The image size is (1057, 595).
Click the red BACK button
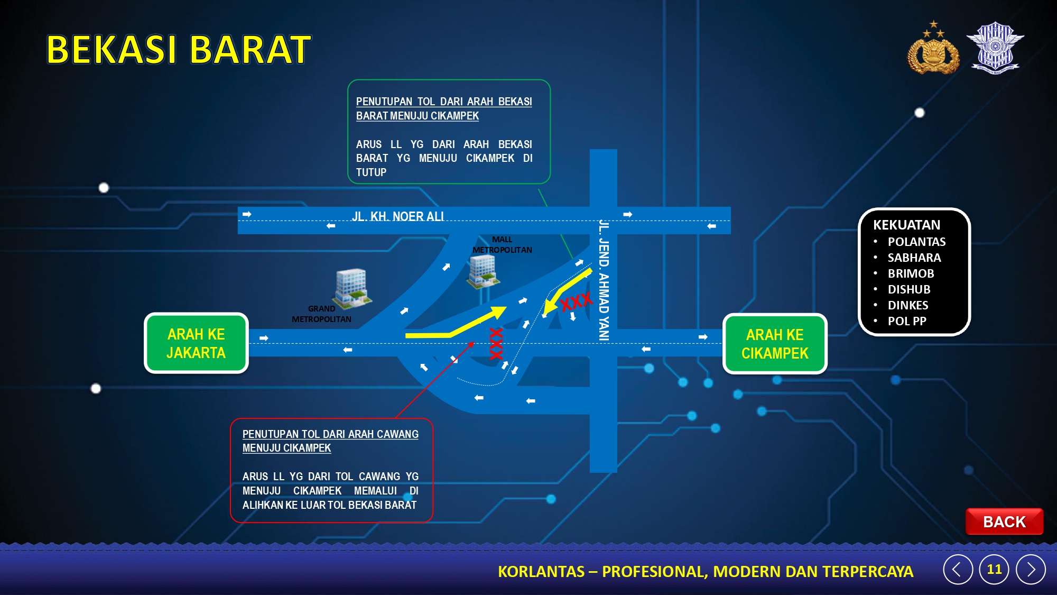pyautogui.click(x=1004, y=521)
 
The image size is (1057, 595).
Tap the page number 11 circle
pyautogui.click(x=994, y=569)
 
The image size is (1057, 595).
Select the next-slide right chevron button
pyautogui.click(x=1031, y=569)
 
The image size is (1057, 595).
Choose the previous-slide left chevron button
pyautogui.click(x=958, y=569)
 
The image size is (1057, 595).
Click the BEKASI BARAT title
pyautogui.click(x=179, y=50)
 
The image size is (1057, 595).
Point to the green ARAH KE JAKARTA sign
pyautogui.click(x=196, y=343)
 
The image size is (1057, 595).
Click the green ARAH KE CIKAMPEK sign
pyautogui.click(x=775, y=344)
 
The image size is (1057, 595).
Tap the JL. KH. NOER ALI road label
pyautogui.click(x=398, y=216)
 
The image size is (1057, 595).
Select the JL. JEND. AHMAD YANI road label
pyautogui.click(x=604, y=280)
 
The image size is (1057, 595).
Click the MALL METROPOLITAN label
pyautogui.click(x=502, y=245)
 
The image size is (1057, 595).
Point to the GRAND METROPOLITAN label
pyautogui.click(x=321, y=314)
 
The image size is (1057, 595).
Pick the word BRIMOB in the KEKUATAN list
pyautogui.click(x=911, y=273)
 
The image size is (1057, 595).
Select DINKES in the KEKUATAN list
pyautogui.click(x=908, y=305)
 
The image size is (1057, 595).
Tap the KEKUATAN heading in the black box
pyautogui.click(x=906, y=225)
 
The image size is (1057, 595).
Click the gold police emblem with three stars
pyautogui.click(x=933, y=48)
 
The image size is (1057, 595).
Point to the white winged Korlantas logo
pyautogui.click(x=995, y=48)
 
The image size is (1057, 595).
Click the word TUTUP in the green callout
pyautogui.click(x=371, y=172)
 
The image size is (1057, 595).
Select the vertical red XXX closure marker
pyautogui.click(x=496, y=344)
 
